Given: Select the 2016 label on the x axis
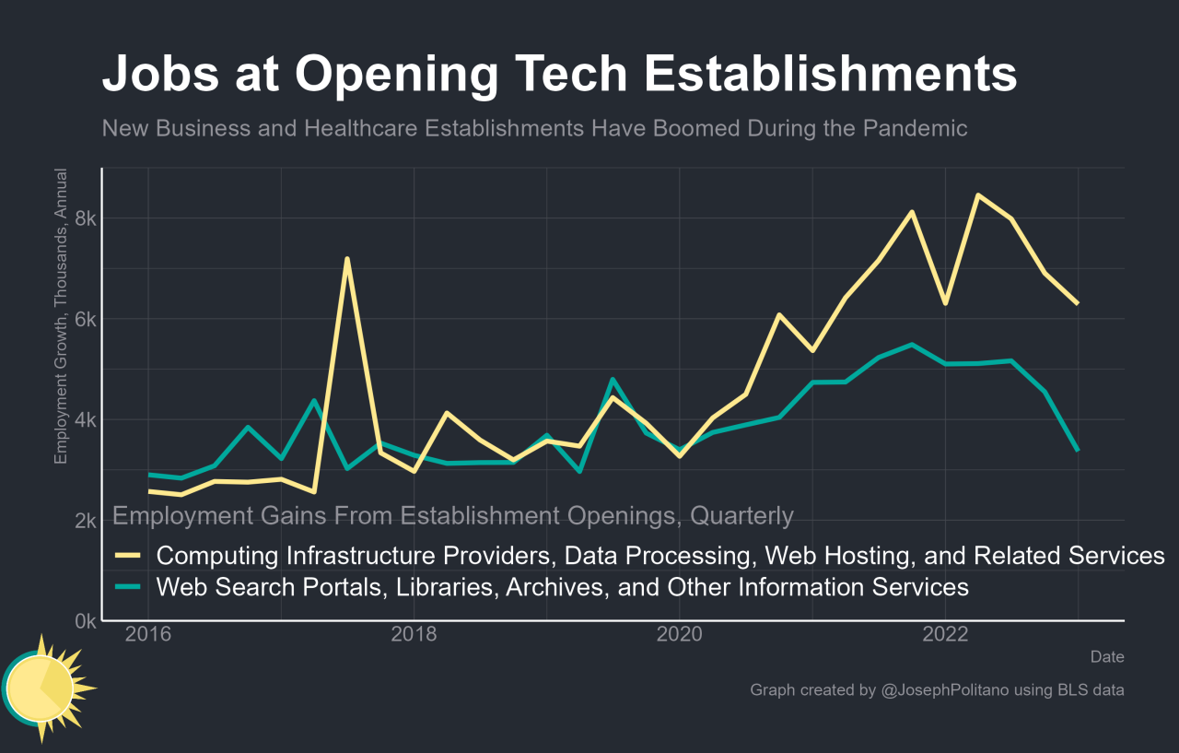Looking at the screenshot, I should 148,635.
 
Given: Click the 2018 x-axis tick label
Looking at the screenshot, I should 414,635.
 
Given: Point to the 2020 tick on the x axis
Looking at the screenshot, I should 679,635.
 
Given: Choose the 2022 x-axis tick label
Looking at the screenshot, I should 944,635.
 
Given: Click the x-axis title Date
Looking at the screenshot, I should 1106,657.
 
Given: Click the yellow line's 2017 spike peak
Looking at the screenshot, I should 346,259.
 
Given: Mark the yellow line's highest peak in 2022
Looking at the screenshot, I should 977,195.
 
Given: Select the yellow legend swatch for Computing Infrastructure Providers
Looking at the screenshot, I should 126,556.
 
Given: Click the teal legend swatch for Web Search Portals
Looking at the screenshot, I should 126,587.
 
